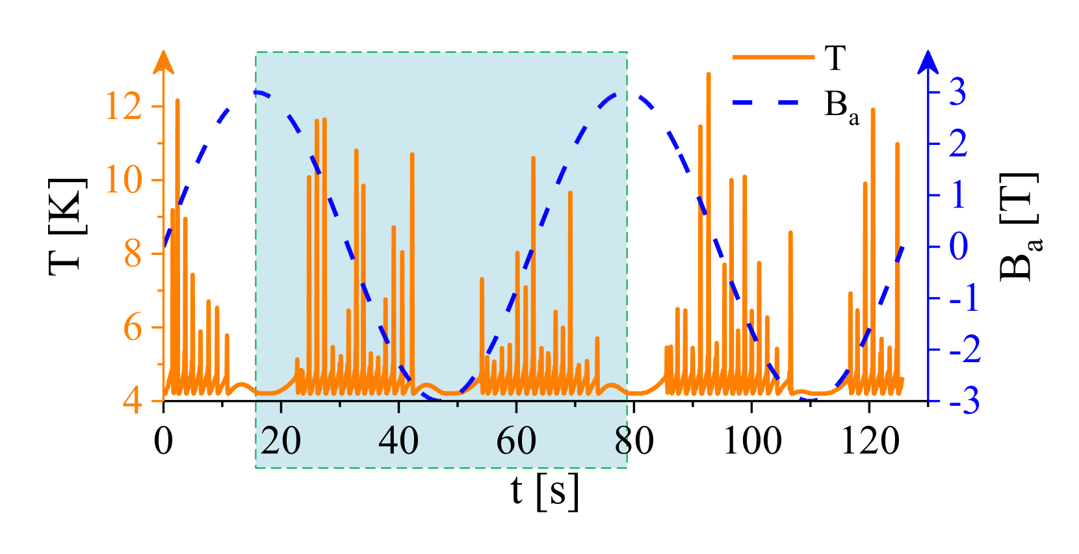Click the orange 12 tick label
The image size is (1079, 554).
click(123, 106)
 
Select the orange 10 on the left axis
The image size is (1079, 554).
click(123, 179)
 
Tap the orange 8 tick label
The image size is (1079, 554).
click(133, 254)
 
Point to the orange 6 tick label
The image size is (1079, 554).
click(133, 326)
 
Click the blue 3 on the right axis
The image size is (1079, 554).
click(957, 92)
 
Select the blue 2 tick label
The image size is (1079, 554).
click(957, 143)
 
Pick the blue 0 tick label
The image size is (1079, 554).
click(958, 246)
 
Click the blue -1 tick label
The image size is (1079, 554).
click(964, 298)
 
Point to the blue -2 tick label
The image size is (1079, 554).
click(965, 350)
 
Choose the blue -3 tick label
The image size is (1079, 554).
click(965, 401)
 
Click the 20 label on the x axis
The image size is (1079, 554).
click(281, 441)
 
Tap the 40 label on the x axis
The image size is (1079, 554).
click(398, 441)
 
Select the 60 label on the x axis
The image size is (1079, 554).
click(516, 441)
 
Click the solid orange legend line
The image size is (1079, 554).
click(773, 57)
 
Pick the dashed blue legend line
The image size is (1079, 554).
click(766, 102)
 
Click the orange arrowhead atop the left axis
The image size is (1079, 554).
click(164, 61)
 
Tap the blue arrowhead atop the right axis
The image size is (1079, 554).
click(928, 61)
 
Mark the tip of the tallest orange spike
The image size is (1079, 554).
click(708, 73)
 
